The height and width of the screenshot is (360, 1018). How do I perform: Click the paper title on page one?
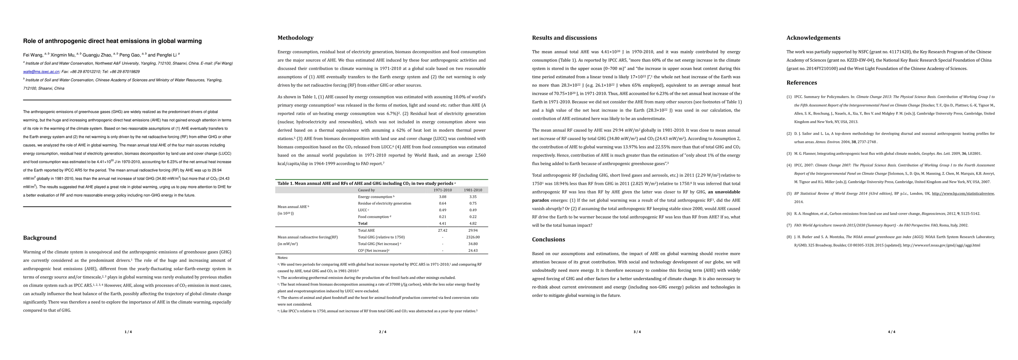point(112,41)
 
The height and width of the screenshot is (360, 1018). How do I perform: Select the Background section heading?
point(40,238)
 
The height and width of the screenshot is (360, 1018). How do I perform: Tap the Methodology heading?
point(295,38)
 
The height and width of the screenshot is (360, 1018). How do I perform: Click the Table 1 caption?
point(365,183)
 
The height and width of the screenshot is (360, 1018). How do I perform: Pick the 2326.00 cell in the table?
point(473,237)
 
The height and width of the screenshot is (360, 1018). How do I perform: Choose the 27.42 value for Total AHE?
point(443,230)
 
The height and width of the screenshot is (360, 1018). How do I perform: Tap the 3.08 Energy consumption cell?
point(443,197)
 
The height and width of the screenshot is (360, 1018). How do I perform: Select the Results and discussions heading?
point(564,38)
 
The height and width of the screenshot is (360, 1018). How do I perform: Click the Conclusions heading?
point(549,239)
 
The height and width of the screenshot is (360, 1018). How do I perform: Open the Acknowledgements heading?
point(813,38)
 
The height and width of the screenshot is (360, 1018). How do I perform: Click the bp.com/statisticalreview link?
point(963,193)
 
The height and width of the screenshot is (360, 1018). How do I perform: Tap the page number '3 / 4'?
point(637,332)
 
